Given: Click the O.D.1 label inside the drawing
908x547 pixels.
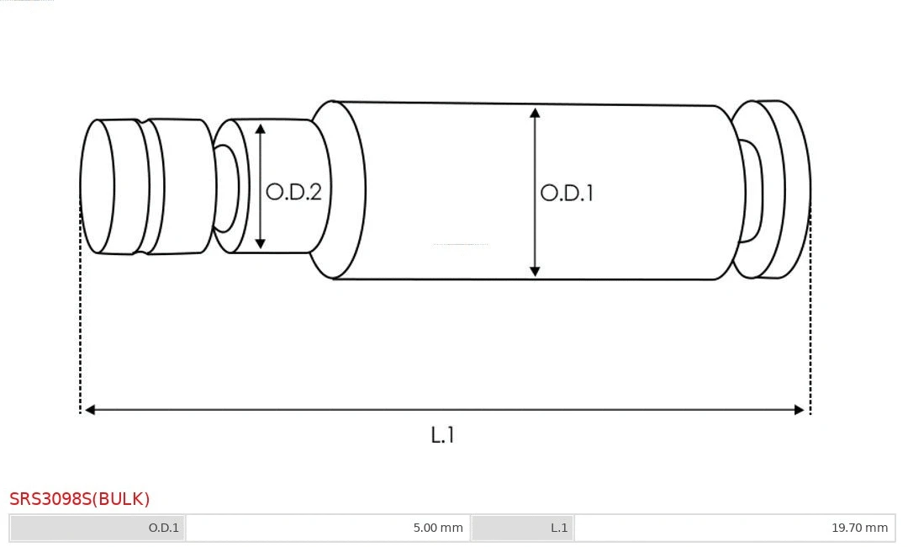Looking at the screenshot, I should [x=567, y=193].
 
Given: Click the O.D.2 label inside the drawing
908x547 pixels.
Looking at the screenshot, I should [x=293, y=192].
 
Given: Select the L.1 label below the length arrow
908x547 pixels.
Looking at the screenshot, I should [x=442, y=435].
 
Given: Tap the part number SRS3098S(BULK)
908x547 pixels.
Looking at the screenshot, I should [x=80, y=499].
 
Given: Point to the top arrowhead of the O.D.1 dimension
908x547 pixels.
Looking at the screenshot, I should [x=535, y=113].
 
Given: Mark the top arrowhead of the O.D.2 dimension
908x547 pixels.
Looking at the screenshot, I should [x=261, y=129].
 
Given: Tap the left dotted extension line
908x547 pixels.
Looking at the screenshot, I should [x=81, y=320].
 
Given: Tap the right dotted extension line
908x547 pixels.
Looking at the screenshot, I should [x=810, y=320].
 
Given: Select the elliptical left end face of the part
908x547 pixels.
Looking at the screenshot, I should [x=97, y=186].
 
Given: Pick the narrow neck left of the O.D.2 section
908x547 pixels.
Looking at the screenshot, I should [x=225, y=188].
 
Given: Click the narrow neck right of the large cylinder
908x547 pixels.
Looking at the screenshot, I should [x=750, y=191].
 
